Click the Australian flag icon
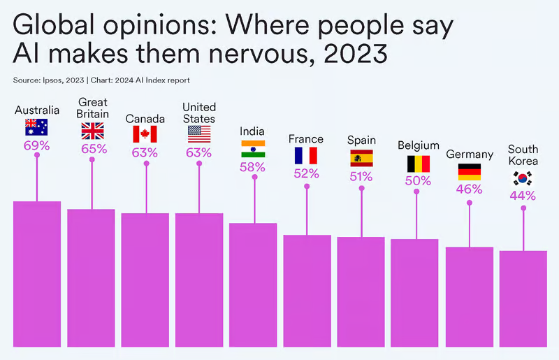(36, 127)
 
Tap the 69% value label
(36, 145)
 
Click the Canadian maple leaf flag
(145, 134)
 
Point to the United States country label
(199, 113)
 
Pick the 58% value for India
(253, 167)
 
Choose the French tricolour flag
(306, 155)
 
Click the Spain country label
(361, 140)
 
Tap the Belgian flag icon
(418, 164)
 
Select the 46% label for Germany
(469, 189)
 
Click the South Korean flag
(523, 178)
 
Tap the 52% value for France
(306, 173)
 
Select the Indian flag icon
(253, 148)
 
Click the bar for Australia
(36, 280)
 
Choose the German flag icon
(469, 171)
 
